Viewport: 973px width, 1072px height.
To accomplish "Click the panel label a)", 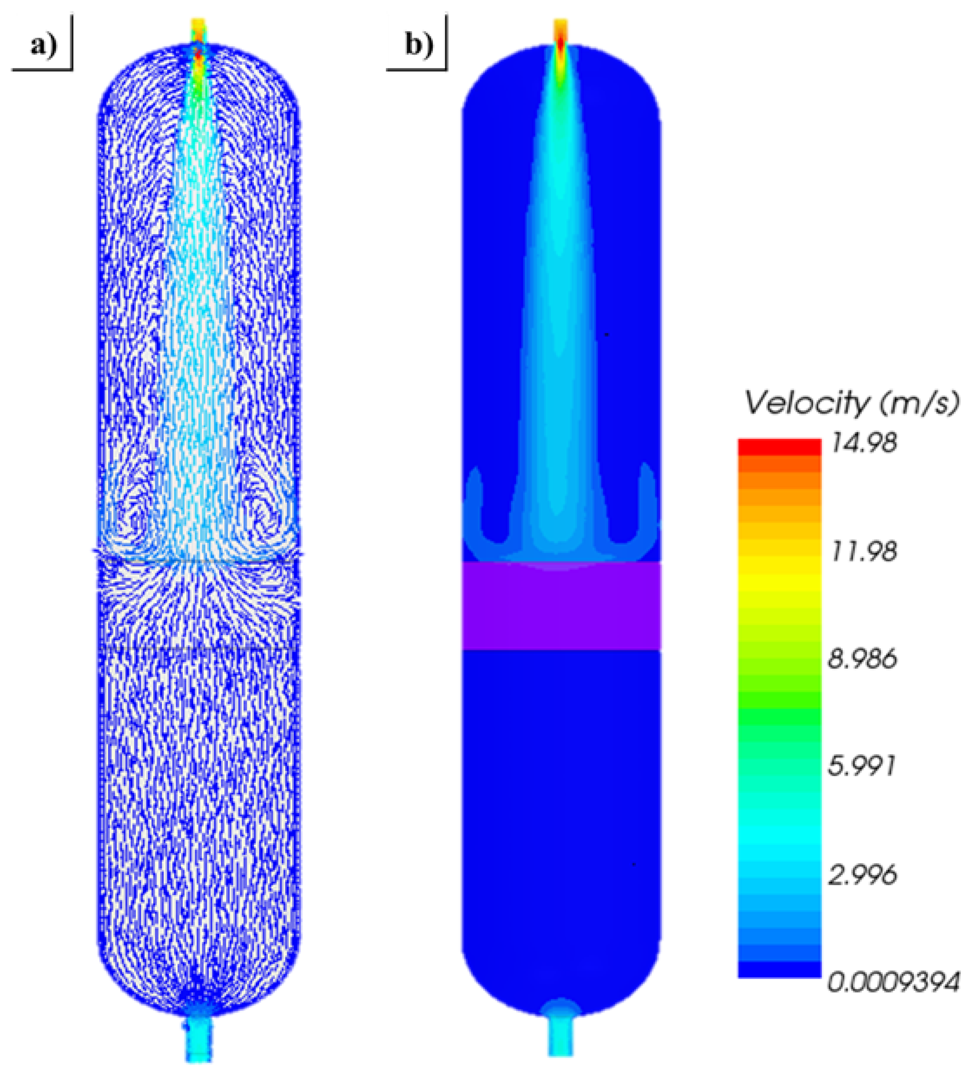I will coord(43,46).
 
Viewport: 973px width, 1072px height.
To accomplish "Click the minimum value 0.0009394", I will coord(894,983).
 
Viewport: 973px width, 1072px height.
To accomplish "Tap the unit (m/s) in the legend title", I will coord(919,403).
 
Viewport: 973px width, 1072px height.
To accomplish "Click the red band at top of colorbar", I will coord(779,447).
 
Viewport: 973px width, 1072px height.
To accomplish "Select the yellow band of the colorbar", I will coord(779,577).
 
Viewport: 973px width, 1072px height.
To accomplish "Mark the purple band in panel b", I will coord(561,606).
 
